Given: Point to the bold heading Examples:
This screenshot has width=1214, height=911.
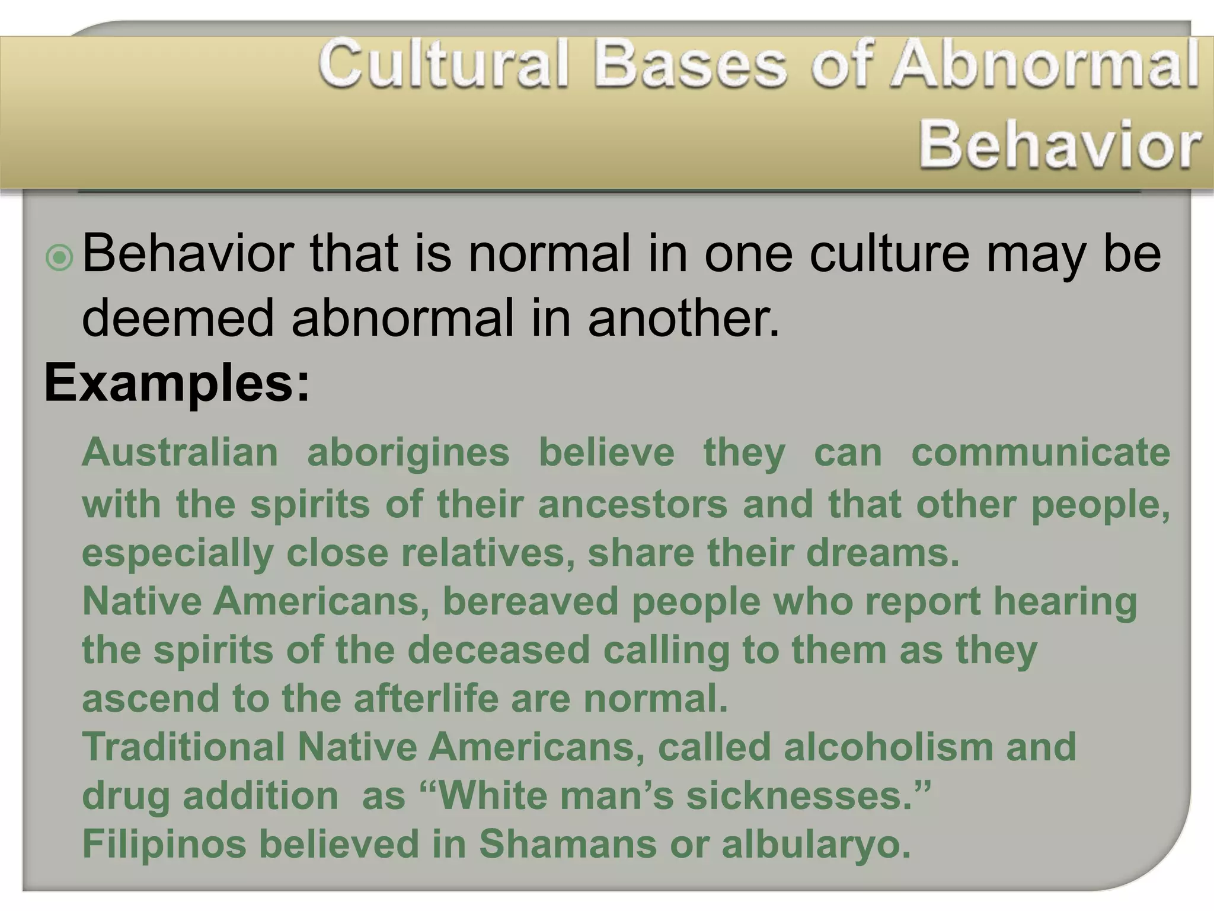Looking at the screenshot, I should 177,384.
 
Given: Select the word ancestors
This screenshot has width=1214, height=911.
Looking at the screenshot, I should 632,504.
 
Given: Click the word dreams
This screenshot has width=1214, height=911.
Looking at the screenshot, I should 882,553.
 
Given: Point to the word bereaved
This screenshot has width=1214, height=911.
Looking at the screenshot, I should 531,601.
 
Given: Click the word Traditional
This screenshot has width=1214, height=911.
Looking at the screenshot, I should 184,747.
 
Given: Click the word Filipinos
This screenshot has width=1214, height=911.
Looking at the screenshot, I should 164,844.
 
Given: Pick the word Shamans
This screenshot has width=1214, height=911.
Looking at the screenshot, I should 567,844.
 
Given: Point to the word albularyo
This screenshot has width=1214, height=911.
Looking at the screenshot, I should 816,844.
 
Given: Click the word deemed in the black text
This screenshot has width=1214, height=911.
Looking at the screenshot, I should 178,318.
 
